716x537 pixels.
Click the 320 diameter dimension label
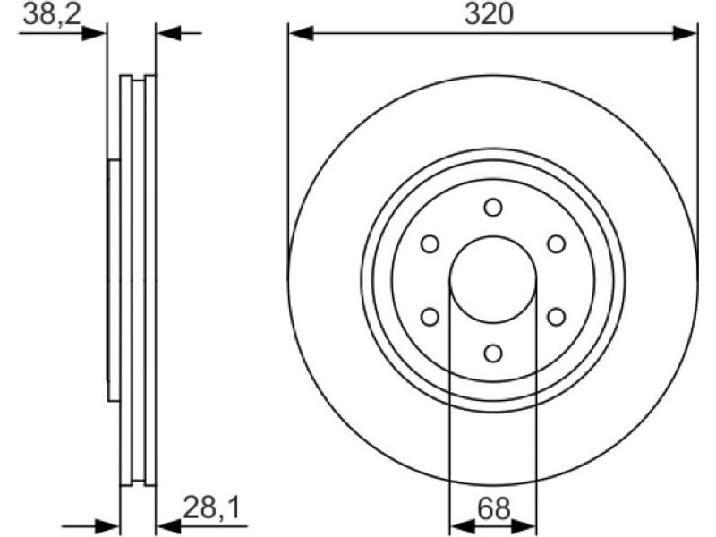coord(489,14)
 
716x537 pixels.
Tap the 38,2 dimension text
coord(52,14)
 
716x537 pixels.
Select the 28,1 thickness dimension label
coord(211,507)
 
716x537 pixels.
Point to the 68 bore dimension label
coord(494,508)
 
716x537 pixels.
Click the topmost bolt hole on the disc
coord(493,208)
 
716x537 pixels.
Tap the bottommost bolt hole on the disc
coord(493,353)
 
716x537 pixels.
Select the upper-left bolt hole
coord(430,243)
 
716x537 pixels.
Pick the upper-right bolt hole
coord(556,243)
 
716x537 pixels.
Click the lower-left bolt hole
coord(430,317)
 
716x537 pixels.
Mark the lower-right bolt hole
coord(556,317)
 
